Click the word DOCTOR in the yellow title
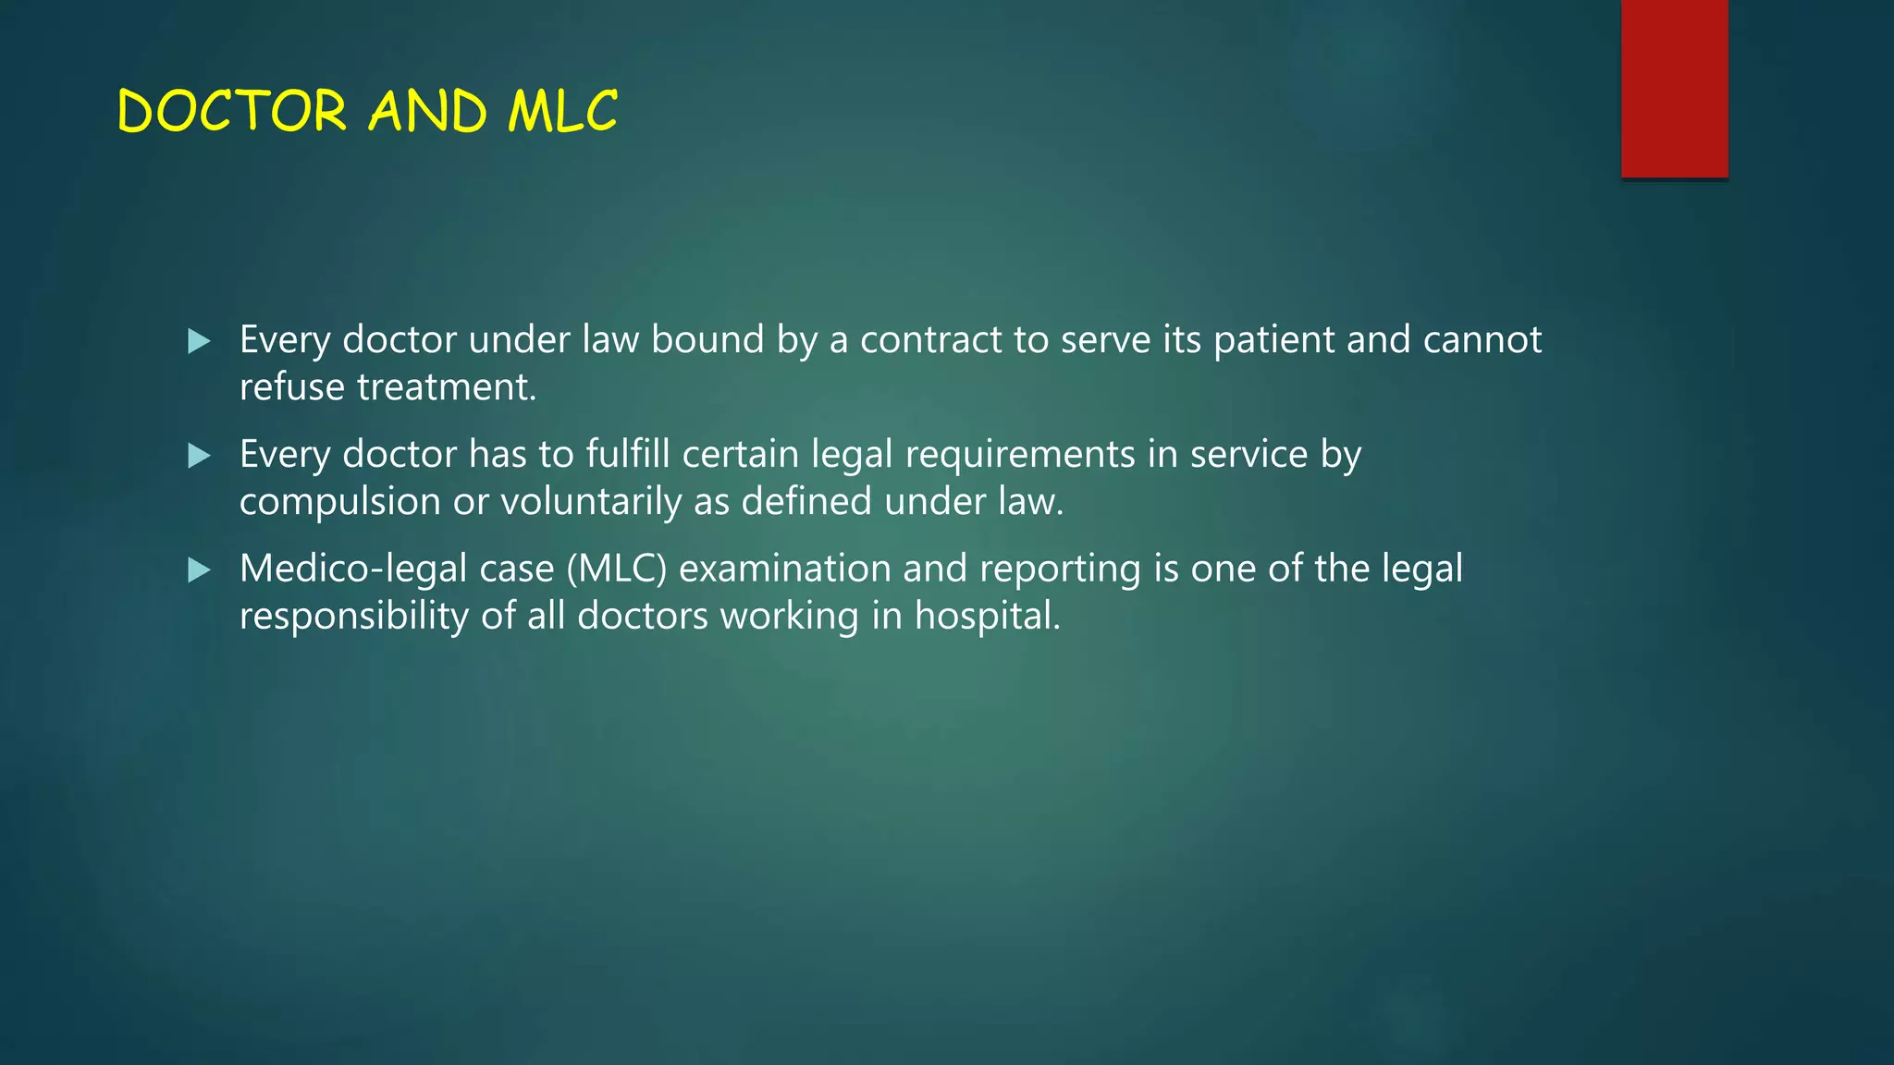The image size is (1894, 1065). point(232,112)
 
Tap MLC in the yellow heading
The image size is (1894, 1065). point(562,112)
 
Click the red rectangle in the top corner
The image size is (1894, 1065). point(1674,89)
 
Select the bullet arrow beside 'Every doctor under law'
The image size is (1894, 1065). point(199,342)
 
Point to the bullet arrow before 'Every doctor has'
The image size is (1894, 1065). point(199,456)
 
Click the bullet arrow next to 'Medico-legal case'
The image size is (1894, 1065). point(199,570)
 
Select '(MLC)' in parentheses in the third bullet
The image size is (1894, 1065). point(617,569)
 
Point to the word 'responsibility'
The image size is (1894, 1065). point(353,617)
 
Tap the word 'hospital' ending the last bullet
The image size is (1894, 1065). point(986,617)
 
